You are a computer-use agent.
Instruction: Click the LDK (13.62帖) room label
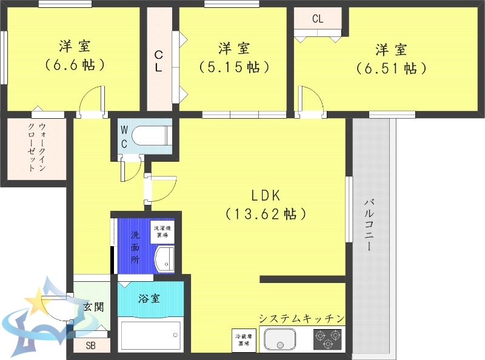click(264, 204)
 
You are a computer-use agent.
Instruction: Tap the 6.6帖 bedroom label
click(75, 55)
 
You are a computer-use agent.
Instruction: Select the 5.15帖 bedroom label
click(234, 57)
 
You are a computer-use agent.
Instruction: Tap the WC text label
click(124, 137)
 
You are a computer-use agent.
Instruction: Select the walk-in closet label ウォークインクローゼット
click(36, 148)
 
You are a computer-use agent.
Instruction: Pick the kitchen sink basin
click(279, 339)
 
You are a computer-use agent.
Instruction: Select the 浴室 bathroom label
click(149, 298)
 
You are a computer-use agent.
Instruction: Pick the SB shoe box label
click(91, 346)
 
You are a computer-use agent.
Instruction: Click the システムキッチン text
click(301, 318)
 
